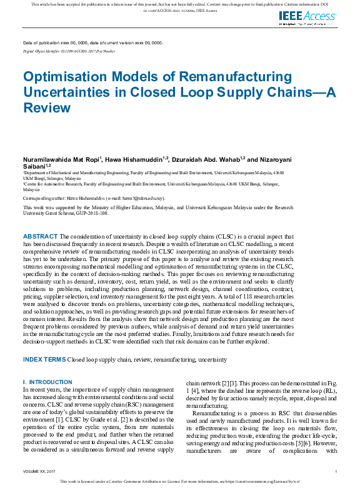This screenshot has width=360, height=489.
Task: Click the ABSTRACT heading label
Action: coord(40,236)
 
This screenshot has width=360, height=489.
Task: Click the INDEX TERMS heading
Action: coord(44,360)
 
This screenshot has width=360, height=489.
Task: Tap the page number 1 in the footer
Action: coord(336,471)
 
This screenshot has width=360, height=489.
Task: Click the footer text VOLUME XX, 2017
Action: coord(39,471)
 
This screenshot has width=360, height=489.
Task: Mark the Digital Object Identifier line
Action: coord(68,50)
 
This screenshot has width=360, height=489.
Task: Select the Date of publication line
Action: coord(92,42)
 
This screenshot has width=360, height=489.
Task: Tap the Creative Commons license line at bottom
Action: coord(180,482)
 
